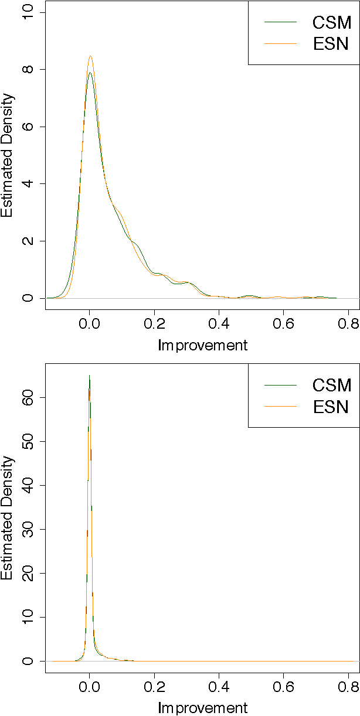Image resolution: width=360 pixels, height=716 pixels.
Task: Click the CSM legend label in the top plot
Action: coord(331,23)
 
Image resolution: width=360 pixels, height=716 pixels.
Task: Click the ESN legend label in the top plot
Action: coord(331,44)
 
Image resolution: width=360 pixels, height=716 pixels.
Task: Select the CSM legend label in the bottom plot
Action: coord(331,386)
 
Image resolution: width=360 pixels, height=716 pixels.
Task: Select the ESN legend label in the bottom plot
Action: coord(331,406)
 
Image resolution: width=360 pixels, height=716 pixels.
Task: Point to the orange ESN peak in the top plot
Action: coord(90,57)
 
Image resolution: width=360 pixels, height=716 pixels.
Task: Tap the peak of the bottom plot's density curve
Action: coord(89,376)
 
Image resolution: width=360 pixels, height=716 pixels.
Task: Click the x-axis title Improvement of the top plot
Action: coord(203,345)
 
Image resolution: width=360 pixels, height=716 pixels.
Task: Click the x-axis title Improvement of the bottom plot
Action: coord(203,708)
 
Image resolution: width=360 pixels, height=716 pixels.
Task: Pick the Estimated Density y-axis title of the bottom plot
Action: coord(7,518)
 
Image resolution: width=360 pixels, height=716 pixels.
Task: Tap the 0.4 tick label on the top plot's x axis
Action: coord(219,323)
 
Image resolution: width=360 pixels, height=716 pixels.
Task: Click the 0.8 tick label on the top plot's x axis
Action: coord(348,323)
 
